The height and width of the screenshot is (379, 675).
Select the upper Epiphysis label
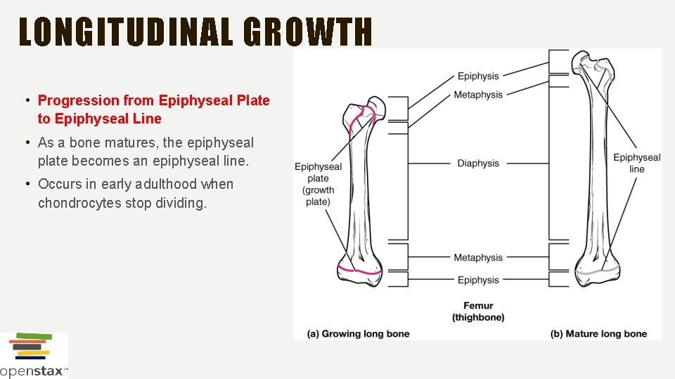pyautogui.click(x=478, y=77)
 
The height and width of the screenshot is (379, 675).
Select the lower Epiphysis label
pyautogui.click(x=478, y=280)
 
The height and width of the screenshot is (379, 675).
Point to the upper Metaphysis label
pyautogui.click(x=478, y=95)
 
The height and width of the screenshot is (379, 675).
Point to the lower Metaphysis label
pyautogui.click(x=478, y=258)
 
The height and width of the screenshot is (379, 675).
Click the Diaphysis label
pyautogui.click(x=478, y=164)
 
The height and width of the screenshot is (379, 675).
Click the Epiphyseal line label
pyautogui.click(x=636, y=163)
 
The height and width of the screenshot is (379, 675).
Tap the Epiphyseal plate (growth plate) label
pyautogui.click(x=318, y=184)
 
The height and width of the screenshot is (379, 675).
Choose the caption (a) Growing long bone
pyautogui.click(x=359, y=333)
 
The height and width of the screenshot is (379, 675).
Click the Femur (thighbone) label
pyautogui.click(x=478, y=311)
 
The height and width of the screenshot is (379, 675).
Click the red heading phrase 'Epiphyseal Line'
pyautogui.click(x=100, y=119)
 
